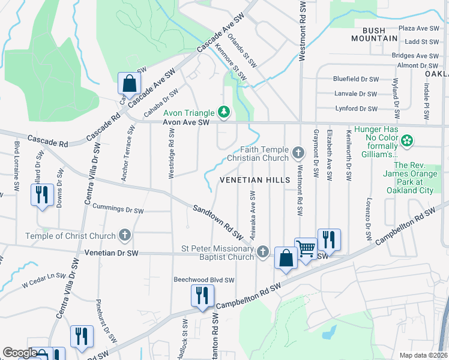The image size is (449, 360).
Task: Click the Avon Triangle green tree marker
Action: coord(224,112)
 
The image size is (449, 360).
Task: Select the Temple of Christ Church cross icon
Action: coord(124,236)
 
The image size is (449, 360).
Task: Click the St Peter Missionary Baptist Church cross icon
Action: coord(263,253)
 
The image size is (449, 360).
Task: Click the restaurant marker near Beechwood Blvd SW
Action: coord(202,296)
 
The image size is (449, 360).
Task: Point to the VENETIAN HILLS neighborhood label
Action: coord(255,180)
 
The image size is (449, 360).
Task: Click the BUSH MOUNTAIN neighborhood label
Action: coord(379,34)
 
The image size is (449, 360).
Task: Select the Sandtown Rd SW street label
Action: coord(217,220)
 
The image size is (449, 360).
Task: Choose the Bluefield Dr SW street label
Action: coord(357,79)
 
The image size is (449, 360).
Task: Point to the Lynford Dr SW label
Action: coord(356,109)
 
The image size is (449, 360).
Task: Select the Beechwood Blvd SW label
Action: coord(203,280)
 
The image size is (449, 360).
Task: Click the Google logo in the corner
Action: coord(20,353)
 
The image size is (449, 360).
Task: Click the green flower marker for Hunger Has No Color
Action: coord(407,141)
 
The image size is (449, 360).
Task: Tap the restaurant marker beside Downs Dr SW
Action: coord(41,195)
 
